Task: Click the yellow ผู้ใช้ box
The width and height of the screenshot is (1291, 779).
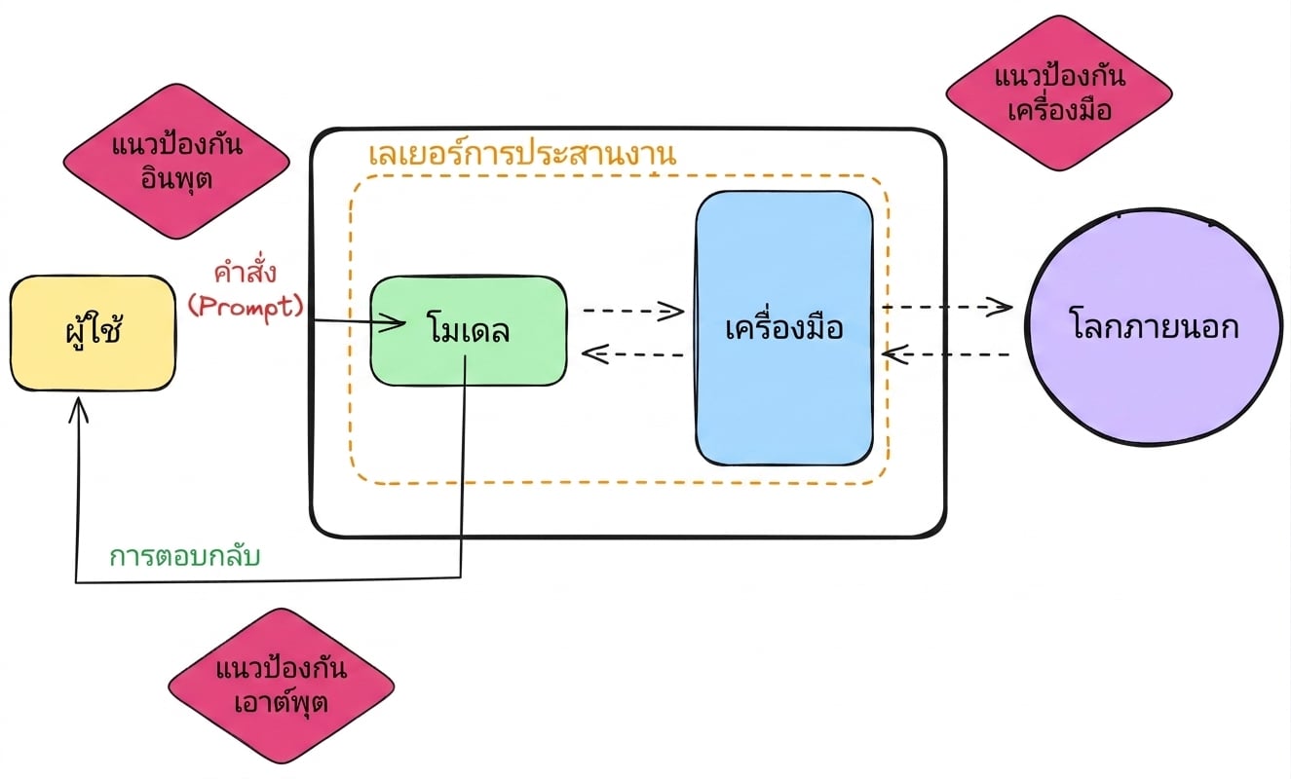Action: tap(93, 333)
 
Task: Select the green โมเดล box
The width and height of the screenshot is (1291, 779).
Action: tap(468, 331)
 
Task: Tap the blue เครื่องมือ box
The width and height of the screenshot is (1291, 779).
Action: tap(783, 328)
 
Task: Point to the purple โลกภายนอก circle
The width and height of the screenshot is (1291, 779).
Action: tap(1155, 327)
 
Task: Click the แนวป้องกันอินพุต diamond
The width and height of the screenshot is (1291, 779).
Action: tap(176, 162)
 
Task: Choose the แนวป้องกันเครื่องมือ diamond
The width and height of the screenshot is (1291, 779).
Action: tap(1059, 93)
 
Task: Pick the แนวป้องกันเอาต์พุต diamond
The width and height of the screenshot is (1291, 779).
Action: tap(282, 686)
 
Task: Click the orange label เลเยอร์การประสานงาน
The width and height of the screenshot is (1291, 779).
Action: tap(522, 153)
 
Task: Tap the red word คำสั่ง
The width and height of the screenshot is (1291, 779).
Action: tap(245, 272)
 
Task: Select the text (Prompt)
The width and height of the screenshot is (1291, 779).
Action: tap(246, 306)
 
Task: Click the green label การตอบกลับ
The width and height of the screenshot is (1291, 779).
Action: tap(185, 557)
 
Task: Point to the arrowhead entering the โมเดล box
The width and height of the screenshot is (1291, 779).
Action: tap(393, 322)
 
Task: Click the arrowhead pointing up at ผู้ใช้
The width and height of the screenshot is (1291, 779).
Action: tap(78, 408)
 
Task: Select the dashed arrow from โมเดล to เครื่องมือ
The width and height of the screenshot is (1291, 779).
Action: tap(633, 312)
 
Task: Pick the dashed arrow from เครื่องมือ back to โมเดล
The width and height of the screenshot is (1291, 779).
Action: tap(632, 353)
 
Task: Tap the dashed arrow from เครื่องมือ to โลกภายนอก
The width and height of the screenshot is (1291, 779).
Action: tap(947, 307)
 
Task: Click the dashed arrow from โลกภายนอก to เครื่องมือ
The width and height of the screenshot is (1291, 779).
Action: tap(946, 353)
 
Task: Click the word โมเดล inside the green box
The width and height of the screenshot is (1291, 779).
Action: tap(468, 329)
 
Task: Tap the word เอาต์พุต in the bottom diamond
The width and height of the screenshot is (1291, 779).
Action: tap(282, 702)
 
